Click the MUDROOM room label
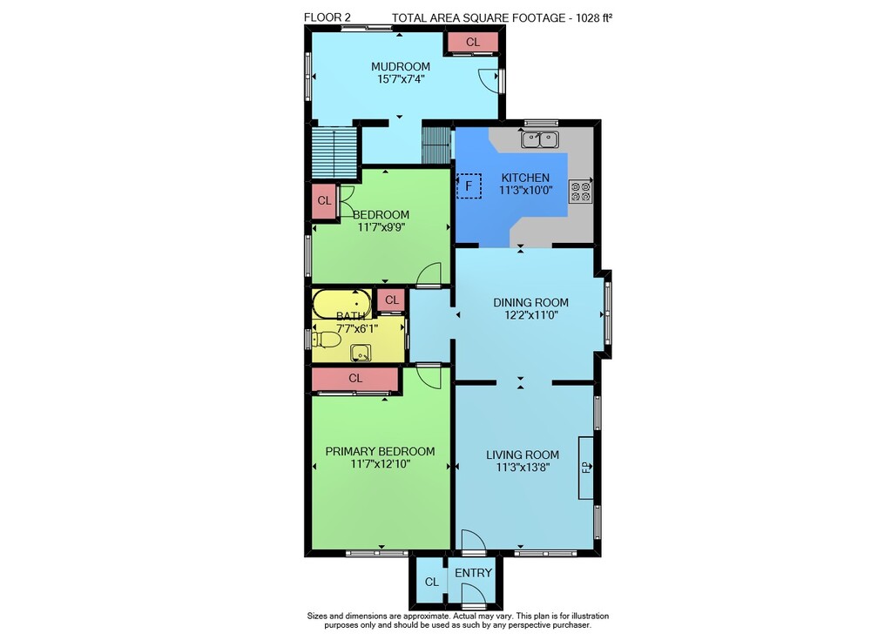[400, 67]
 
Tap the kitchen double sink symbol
[540, 139]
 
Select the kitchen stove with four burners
[581, 191]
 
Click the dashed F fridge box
[469, 186]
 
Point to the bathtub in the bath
[341, 303]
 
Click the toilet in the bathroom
[326, 340]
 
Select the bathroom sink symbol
[361, 353]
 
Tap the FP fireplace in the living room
[586, 468]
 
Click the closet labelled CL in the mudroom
[473, 42]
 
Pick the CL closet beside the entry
[431, 582]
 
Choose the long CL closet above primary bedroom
[355, 378]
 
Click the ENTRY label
[473, 573]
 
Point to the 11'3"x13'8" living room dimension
[523, 468]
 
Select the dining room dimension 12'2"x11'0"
[530, 315]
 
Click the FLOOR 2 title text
[327, 17]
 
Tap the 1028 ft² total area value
[594, 17]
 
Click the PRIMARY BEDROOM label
[380, 451]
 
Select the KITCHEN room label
[525, 178]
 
